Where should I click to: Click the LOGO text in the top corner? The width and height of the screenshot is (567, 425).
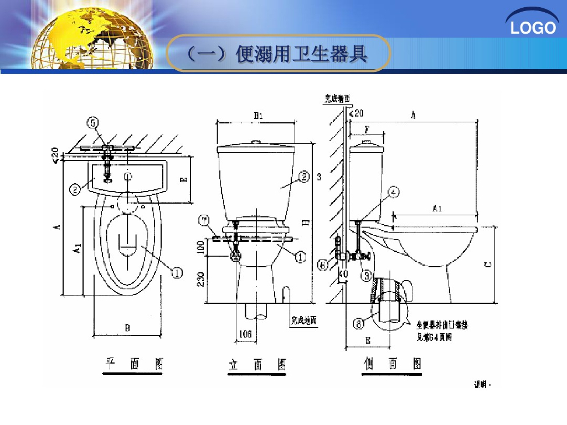pyautogui.click(x=533, y=28)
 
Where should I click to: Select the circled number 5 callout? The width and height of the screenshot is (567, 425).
pyautogui.click(x=94, y=122)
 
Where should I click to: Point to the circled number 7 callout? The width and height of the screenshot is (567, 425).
pyautogui.click(x=204, y=222)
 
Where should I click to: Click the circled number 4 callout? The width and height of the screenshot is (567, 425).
pyautogui.click(x=393, y=192)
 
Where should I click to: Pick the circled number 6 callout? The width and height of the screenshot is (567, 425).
pyautogui.click(x=323, y=265)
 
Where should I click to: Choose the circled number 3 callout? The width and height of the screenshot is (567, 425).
pyautogui.click(x=366, y=274)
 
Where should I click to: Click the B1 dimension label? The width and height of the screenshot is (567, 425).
pyautogui.click(x=257, y=115)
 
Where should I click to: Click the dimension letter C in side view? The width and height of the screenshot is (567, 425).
pyautogui.click(x=487, y=264)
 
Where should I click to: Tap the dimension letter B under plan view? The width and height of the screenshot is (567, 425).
pyautogui.click(x=127, y=328)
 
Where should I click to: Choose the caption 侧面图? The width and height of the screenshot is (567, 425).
pyautogui.click(x=393, y=364)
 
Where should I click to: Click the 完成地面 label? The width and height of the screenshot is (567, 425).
pyautogui.click(x=304, y=320)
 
